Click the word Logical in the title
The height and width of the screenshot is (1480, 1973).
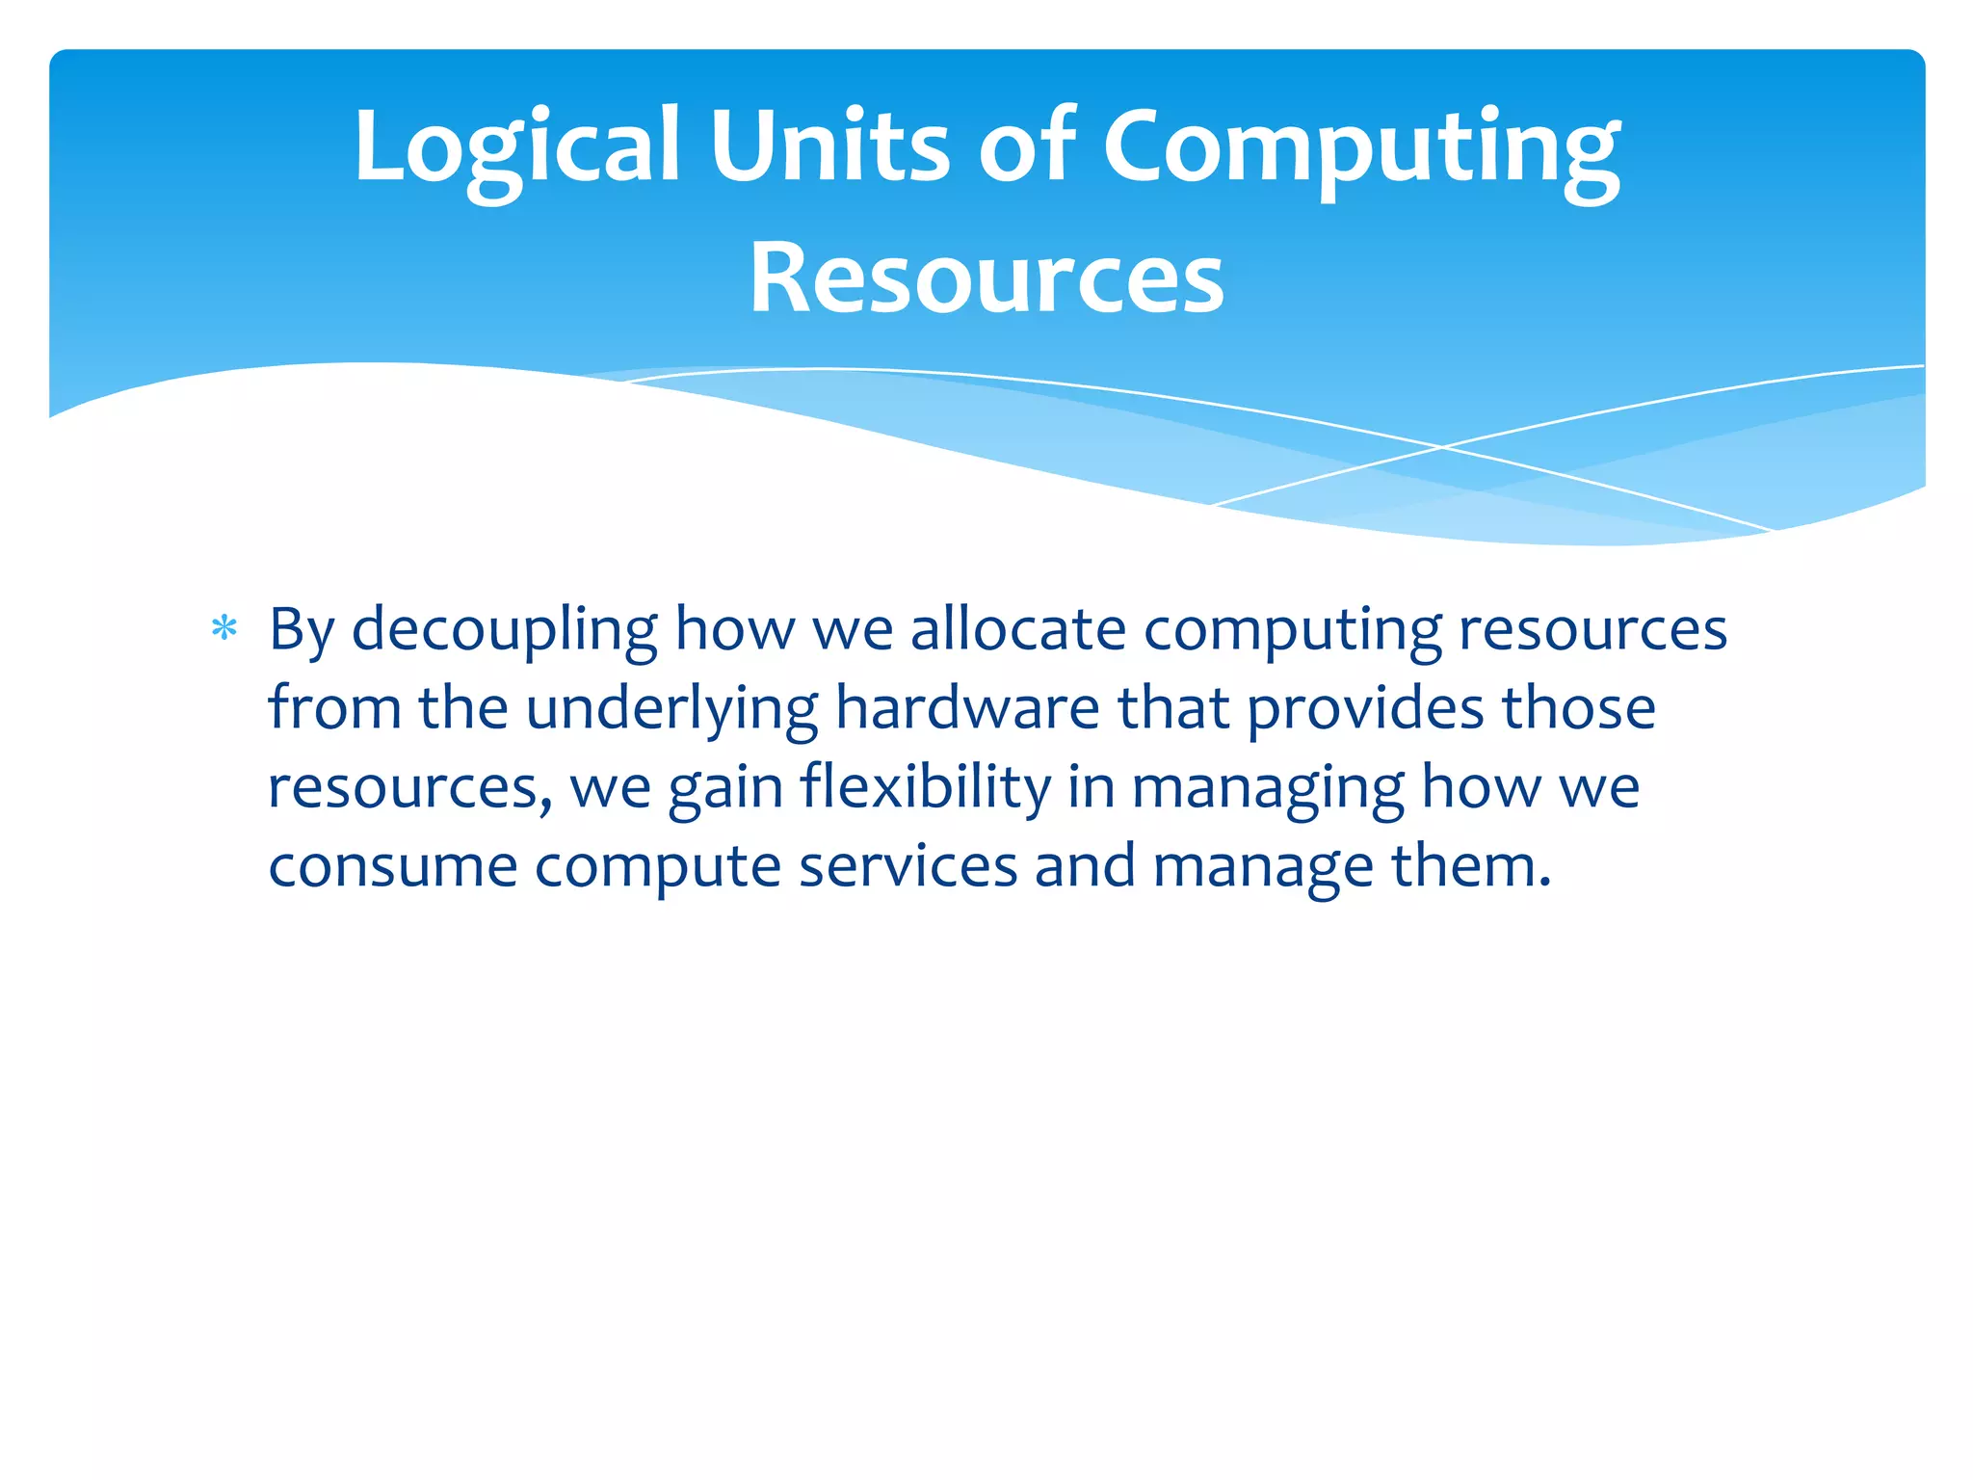517,146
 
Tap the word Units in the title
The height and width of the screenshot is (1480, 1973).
829,146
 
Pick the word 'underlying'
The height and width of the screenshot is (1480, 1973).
671,709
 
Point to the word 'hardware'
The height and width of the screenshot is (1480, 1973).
966,709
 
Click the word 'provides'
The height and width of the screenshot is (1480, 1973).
1366,709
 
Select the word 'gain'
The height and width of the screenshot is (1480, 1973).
724,788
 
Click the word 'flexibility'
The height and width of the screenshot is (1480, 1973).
925,788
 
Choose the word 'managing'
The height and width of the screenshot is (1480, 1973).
1268,788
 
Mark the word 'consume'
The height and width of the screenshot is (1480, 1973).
393,866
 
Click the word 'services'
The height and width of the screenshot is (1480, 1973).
908,866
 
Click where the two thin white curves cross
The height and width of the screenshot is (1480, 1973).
1442,447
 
